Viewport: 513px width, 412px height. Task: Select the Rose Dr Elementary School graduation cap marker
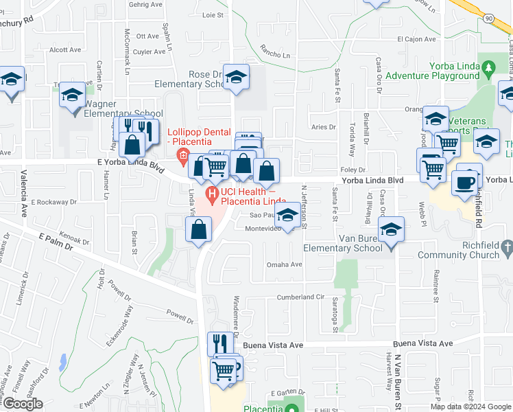[x=237, y=80]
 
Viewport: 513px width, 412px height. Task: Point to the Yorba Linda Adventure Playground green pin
[x=488, y=68]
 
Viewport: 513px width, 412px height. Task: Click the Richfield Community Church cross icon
[x=507, y=246]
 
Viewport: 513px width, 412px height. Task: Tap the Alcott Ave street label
[x=65, y=49]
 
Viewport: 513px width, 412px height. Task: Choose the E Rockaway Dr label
[x=54, y=203]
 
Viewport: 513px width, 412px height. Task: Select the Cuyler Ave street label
[x=150, y=51]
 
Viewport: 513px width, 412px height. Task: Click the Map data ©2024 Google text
[x=470, y=407]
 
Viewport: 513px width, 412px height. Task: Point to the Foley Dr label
[x=353, y=170]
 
